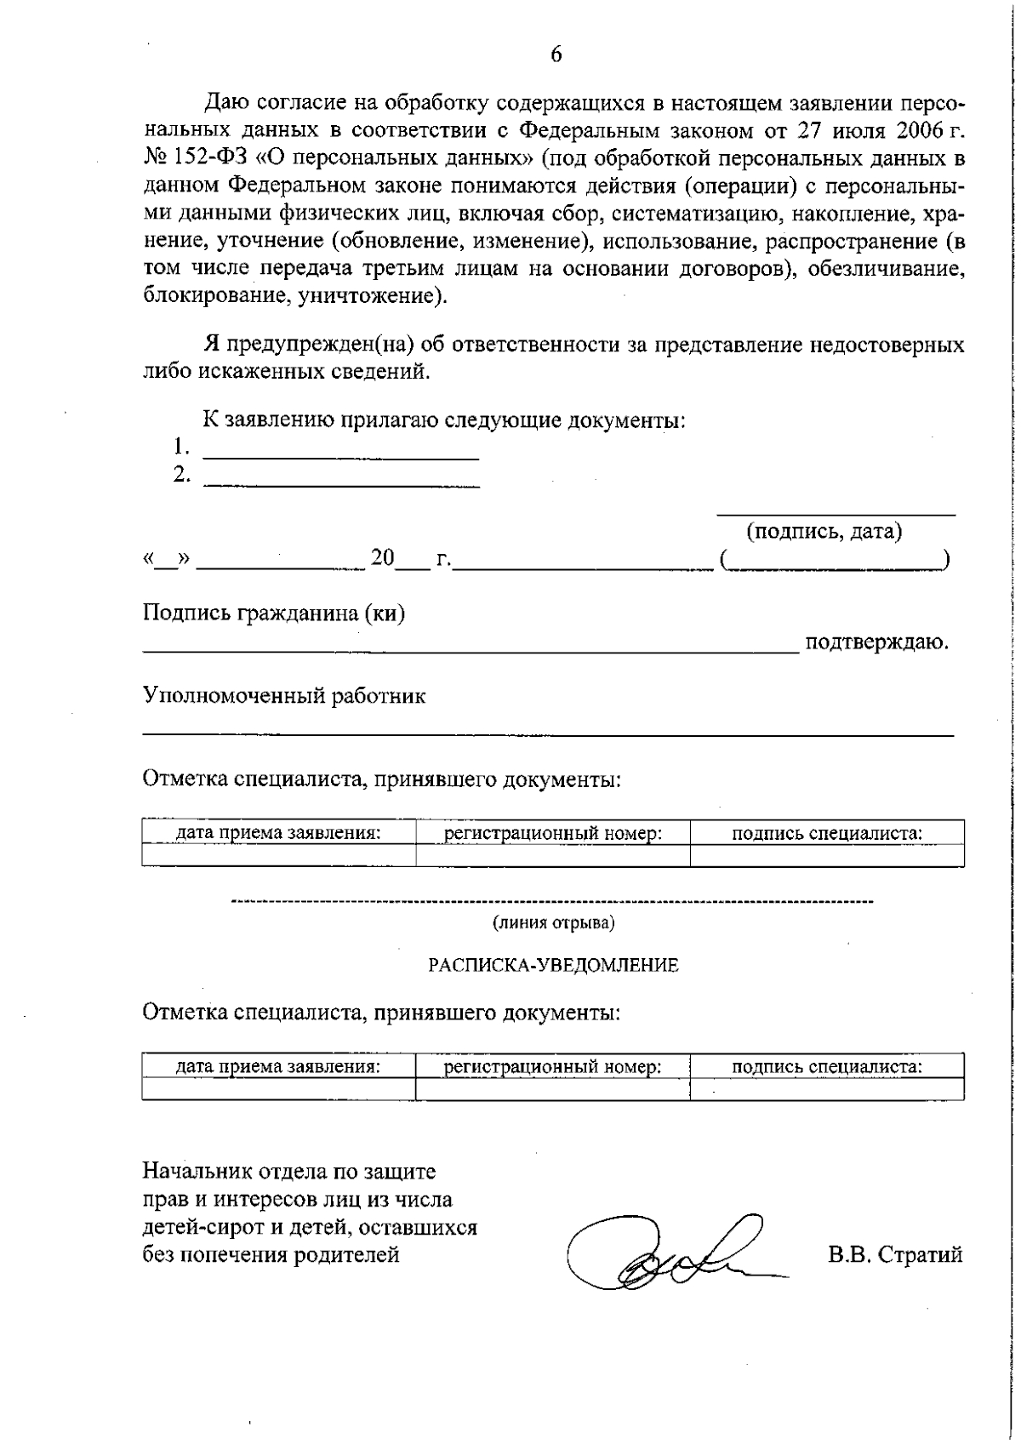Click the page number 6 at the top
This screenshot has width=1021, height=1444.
click(556, 55)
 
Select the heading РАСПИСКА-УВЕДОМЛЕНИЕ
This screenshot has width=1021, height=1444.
click(553, 965)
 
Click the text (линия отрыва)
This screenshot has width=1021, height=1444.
click(553, 922)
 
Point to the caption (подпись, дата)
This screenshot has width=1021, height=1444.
click(824, 532)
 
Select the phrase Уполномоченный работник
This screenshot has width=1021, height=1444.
click(283, 696)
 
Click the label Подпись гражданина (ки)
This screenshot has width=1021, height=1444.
click(273, 614)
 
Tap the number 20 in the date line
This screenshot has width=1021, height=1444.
click(383, 558)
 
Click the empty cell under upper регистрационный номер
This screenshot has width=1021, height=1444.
click(553, 855)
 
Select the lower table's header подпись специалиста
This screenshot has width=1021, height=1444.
click(827, 1066)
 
